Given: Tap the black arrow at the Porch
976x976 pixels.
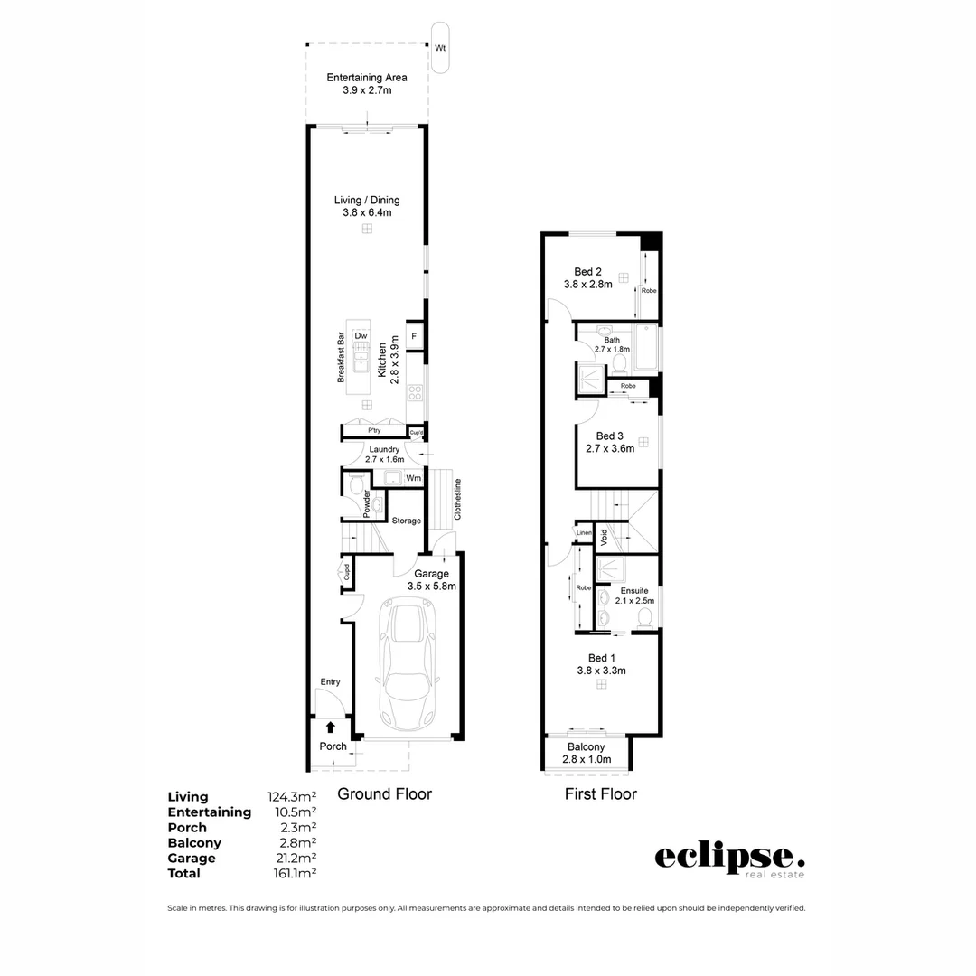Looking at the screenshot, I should tap(331, 727).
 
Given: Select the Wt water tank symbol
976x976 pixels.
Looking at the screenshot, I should tap(441, 47).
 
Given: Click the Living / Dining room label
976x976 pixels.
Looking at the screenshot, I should tap(367, 206).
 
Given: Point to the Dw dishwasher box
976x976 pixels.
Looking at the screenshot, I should tap(361, 336).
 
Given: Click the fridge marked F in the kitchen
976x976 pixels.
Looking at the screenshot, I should tap(415, 336).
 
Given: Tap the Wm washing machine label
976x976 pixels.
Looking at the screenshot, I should tap(413, 478).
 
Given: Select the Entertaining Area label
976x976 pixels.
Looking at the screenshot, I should tap(367, 84).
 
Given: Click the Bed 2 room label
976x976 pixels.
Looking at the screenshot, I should tap(588, 277).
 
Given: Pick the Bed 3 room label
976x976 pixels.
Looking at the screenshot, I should tap(610, 442).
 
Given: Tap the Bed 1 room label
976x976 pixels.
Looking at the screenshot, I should tap(602, 664).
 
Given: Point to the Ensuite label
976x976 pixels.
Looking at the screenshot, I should tap(633, 596).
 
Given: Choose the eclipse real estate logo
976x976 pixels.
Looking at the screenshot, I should tap(729, 859).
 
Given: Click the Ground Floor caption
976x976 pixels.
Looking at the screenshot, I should tap(384, 794).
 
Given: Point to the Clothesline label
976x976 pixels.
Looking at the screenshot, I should tap(458, 498).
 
